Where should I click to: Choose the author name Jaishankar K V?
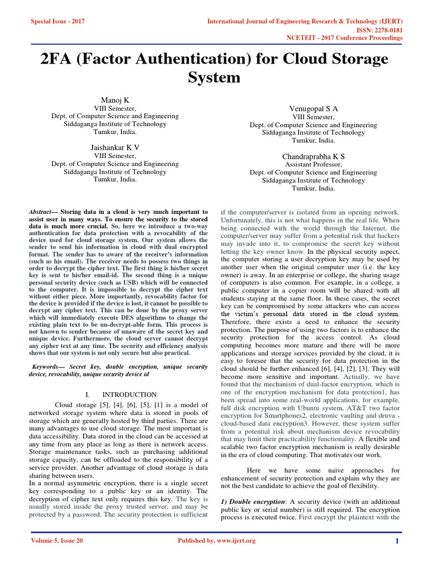115,147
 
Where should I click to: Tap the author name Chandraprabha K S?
313,156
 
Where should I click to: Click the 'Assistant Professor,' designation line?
313,165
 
